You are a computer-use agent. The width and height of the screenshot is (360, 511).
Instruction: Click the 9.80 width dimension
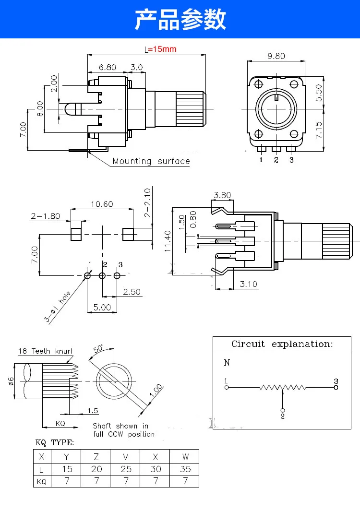click(276, 56)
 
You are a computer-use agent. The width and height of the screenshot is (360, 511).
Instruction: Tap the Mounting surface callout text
click(151, 161)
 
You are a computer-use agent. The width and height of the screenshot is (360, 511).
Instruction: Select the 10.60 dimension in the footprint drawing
click(102, 204)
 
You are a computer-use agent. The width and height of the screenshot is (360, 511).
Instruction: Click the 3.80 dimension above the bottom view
click(222, 195)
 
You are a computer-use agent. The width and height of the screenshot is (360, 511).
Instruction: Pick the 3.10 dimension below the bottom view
click(248, 284)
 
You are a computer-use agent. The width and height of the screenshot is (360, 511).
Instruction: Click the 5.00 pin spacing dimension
click(102, 307)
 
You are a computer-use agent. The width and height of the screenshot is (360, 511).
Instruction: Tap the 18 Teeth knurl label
click(45, 351)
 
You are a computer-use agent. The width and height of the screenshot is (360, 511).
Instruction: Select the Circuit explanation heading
click(281, 344)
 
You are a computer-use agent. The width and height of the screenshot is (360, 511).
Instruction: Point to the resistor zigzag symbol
click(283, 387)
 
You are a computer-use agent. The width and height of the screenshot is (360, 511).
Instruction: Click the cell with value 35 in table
click(185, 469)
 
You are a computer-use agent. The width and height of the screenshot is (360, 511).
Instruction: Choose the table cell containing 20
click(96, 469)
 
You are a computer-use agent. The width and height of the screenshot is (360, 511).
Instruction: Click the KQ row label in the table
click(42, 481)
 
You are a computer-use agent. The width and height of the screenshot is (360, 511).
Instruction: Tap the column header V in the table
click(126, 456)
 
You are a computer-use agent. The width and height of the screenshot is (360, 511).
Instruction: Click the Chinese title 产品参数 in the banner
click(180, 19)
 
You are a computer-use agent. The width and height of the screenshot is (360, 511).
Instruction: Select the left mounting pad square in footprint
click(75, 234)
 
